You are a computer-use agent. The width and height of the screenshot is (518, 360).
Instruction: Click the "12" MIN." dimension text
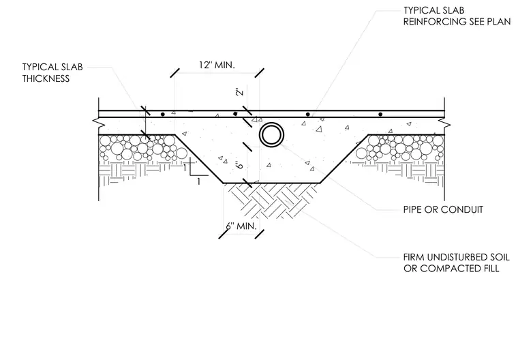tap(217, 65)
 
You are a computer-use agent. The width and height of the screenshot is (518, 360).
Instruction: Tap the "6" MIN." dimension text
tap(241, 226)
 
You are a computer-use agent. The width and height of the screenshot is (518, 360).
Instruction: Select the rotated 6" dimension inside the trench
tap(239, 164)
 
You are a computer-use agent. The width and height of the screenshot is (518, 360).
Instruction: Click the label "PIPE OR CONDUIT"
tap(443, 209)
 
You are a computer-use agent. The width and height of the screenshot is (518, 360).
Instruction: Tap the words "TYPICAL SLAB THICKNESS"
tap(52, 73)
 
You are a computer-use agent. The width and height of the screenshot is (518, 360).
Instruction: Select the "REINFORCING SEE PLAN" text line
tap(457, 22)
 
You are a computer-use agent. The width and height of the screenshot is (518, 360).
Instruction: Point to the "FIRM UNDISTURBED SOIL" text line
tap(456, 257)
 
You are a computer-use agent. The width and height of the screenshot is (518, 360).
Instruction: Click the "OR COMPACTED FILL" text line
tap(451, 269)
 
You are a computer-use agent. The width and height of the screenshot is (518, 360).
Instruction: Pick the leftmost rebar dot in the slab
tap(162, 115)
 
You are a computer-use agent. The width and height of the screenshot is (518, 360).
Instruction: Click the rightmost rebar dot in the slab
tap(380, 115)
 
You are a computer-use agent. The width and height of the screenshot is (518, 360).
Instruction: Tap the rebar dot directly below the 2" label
tap(235, 114)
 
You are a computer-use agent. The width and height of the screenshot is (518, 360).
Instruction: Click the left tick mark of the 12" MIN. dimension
tap(175, 73)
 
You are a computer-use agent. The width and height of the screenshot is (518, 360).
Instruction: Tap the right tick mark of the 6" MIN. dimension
tap(260, 234)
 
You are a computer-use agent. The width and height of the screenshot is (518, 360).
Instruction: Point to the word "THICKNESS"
tap(46, 78)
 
